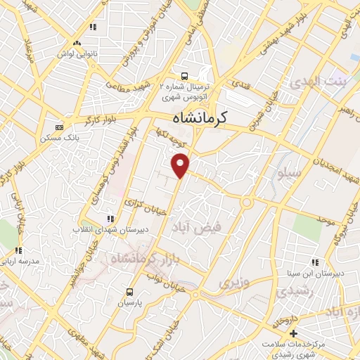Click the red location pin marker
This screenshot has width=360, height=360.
pyautogui.click(x=181, y=165)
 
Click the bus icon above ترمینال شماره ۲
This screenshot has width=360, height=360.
pyautogui.click(x=184, y=75)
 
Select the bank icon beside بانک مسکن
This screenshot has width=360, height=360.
pyautogui.click(x=59, y=127)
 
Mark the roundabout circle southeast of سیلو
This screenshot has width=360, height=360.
pyautogui.click(x=247, y=202)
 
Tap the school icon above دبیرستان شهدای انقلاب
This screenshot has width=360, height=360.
pyautogui.click(x=109, y=218)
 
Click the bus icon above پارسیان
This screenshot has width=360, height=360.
pyautogui.click(x=129, y=291)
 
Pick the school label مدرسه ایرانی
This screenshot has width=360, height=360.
pyautogui.click(x=22, y=261)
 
